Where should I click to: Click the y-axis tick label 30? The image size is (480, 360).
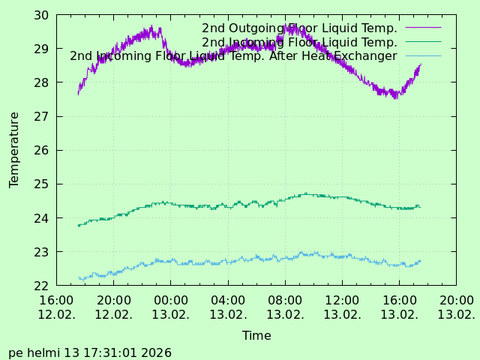(41, 15)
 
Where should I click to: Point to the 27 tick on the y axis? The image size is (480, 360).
(41, 116)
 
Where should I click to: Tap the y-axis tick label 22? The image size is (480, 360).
(41, 286)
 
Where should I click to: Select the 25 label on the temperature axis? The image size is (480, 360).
(41, 184)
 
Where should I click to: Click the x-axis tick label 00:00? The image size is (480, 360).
(170, 301)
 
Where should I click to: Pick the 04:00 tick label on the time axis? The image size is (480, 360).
(228, 301)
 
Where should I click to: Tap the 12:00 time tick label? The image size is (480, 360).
(342, 301)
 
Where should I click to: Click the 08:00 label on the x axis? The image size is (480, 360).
(285, 301)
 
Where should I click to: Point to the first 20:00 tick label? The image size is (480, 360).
(113, 301)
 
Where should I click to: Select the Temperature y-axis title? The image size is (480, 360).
(14, 150)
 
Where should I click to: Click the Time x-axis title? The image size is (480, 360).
(256, 336)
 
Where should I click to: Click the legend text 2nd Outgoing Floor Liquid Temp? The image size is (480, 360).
(299, 28)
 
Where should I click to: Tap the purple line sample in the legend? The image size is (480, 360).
(423, 28)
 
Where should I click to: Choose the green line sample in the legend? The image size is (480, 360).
(423, 42)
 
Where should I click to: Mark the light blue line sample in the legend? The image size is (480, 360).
(423, 56)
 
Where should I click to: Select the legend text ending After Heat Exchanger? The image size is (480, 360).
(233, 56)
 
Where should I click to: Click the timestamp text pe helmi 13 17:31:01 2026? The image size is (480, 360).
(90, 352)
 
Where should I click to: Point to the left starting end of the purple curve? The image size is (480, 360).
(78, 94)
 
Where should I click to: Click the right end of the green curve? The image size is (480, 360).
(420, 207)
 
